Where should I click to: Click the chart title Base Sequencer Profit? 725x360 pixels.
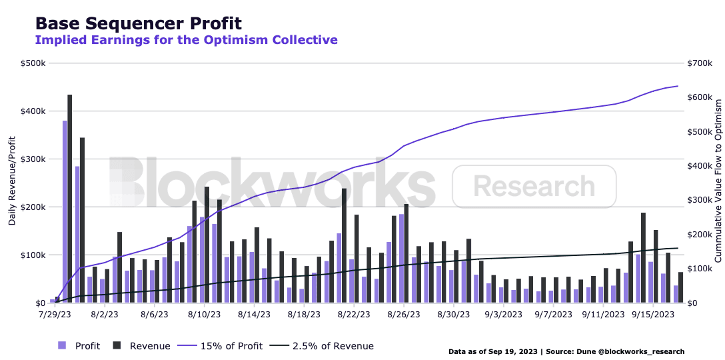coord(138,23)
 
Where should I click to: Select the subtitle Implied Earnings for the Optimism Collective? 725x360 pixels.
coord(186,40)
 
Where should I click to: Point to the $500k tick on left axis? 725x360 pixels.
coord(33,63)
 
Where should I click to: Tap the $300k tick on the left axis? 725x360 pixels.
coord(33,159)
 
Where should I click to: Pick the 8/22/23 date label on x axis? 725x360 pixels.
coord(353,314)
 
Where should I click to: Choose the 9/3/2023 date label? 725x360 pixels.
coord(503,314)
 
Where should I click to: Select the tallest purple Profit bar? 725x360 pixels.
coord(65,212)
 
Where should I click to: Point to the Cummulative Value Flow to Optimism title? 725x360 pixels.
coord(718,181)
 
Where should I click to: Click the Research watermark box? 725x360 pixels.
coord(534,186)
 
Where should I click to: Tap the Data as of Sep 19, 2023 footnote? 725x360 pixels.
coord(566,351)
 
